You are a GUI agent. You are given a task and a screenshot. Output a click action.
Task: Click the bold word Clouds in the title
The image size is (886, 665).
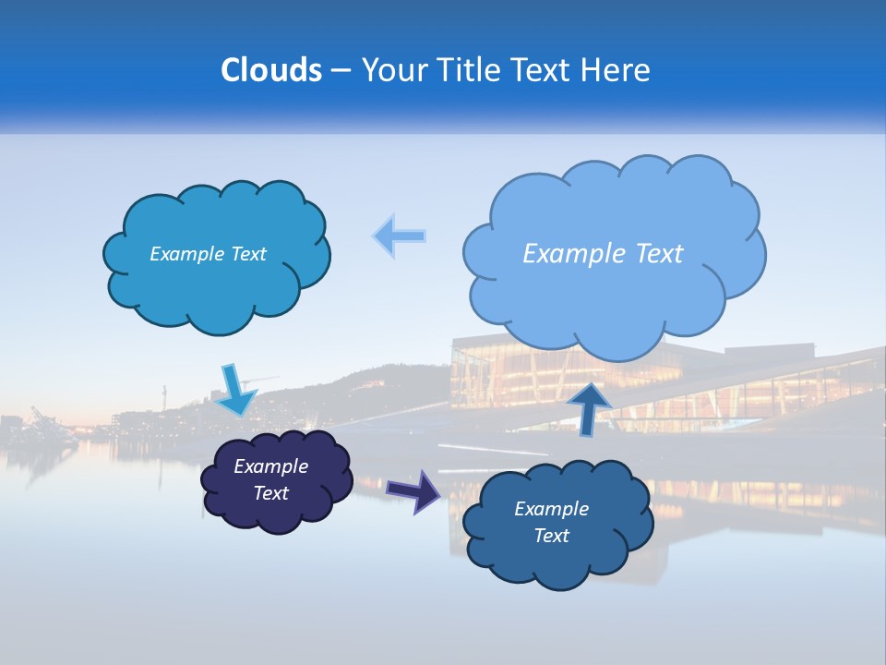tap(271, 70)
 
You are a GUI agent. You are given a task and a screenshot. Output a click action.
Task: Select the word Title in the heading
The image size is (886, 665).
tap(469, 70)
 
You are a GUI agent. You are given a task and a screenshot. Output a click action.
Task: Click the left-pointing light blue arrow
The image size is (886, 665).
tap(400, 236)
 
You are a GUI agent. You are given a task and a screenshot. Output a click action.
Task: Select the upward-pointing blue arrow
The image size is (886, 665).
tap(589, 406)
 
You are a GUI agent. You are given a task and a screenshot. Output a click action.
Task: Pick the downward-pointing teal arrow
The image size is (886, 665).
tap(236, 392)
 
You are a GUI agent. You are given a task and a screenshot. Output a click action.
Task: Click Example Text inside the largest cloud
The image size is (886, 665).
tap(603, 253)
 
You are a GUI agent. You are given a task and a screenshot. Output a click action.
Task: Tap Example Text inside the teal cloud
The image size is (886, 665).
tap(208, 254)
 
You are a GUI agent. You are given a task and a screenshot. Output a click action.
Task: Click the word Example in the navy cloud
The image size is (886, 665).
tap(270, 466)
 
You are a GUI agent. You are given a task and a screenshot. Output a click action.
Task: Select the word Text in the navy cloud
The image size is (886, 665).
tap(270, 493)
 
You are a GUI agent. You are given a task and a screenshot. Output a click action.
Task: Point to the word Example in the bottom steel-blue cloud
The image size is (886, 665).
tap(551, 509)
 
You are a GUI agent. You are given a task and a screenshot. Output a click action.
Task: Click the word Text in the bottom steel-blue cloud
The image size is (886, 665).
tap(551, 536)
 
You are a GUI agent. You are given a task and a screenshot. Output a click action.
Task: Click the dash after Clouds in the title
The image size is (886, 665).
tap(340, 70)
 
